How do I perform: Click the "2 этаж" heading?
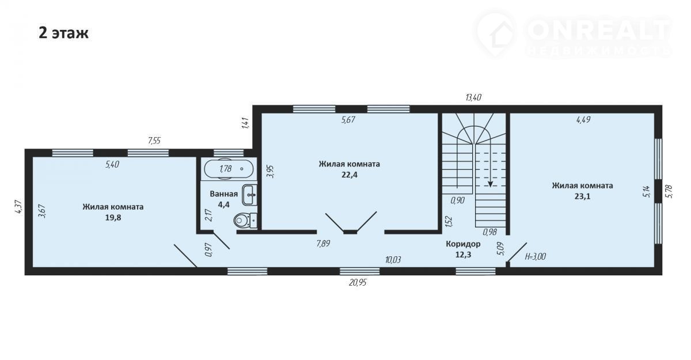[x=63, y=33]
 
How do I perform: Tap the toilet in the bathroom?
[x=245, y=221]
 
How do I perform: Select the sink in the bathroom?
[x=249, y=195]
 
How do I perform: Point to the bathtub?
[x=229, y=169]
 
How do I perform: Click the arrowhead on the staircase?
[x=490, y=184]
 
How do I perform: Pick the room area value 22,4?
[x=350, y=175]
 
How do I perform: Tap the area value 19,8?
[x=113, y=218]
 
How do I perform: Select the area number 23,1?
[x=582, y=196]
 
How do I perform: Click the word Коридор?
[x=463, y=244]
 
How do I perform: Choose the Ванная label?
[x=223, y=194]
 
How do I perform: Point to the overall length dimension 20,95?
[x=358, y=283]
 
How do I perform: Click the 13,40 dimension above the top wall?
[x=473, y=98]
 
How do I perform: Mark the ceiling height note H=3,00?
[x=536, y=256]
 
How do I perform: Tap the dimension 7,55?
[x=154, y=141]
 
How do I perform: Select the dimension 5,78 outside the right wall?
[x=669, y=191]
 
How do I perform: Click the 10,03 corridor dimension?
[x=393, y=260]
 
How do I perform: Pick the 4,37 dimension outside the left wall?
[x=18, y=207]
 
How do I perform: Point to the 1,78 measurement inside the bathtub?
[x=226, y=169]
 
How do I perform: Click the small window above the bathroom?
[x=229, y=153]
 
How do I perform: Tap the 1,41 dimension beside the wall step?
[x=245, y=123]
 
